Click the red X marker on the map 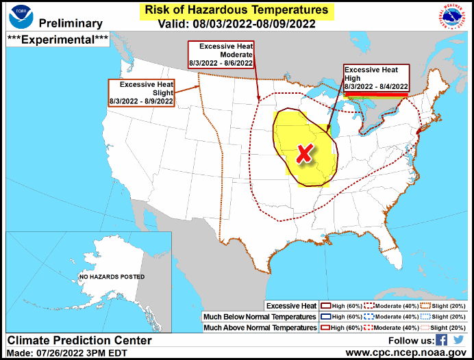(x=303, y=155)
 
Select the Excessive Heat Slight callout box (x=141, y=92)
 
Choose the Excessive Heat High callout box (x=376, y=79)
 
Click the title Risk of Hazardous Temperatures (x=236, y=10)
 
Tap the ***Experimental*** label (x=58, y=39)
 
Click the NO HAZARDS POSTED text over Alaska (x=111, y=277)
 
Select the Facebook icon (x=442, y=339)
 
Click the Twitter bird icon (x=458, y=339)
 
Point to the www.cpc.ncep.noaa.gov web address (x=406, y=352)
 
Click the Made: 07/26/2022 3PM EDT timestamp (x=63, y=352)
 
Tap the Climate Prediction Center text (x=79, y=340)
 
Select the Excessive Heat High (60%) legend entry (x=345, y=305)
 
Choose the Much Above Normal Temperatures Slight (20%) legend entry (x=442, y=328)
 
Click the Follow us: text (x=410, y=340)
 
